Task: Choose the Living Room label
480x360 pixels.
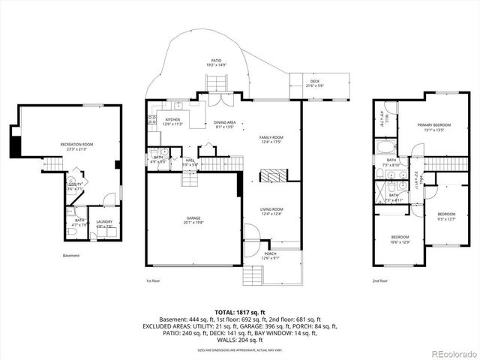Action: [x=271, y=211]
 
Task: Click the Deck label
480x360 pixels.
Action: [x=313, y=84]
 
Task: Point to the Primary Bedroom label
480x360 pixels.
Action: [x=424, y=127]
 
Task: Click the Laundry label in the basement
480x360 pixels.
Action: [x=103, y=223]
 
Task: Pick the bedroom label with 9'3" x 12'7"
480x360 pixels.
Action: [x=447, y=217]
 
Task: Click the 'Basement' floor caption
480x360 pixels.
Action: [x=71, y=255]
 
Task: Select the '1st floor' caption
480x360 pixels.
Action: [x=153, y=281]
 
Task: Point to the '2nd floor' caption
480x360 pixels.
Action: [x=379, y=281]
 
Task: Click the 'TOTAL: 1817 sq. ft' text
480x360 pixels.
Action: [x=240, y=311]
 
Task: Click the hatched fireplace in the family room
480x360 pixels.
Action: [x=271, y=176]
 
